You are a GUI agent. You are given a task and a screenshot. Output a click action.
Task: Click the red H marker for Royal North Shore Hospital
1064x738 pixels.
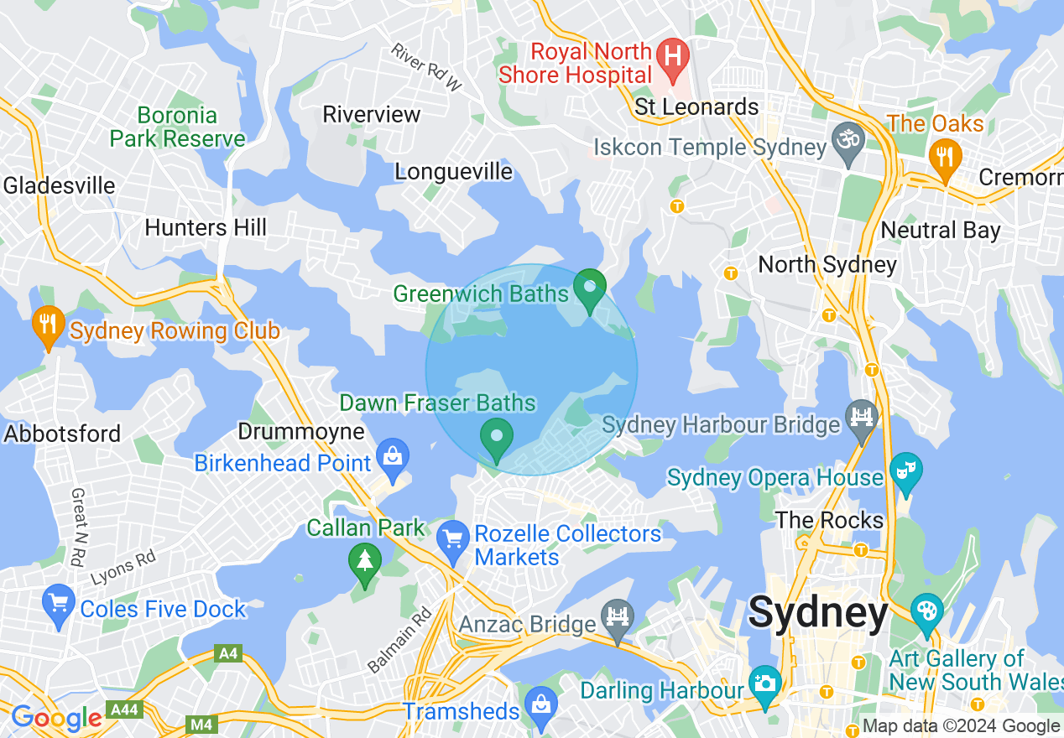[x=672, y=56]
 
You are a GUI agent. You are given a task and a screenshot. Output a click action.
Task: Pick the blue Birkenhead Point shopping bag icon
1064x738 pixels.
[x=392, y=456]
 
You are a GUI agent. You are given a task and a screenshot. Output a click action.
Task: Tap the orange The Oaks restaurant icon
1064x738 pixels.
[x=946, y=157]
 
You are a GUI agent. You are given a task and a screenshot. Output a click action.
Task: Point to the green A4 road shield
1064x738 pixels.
[x=227, y=652]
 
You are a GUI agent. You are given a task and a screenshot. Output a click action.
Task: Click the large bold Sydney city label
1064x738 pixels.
[x=817, y=612]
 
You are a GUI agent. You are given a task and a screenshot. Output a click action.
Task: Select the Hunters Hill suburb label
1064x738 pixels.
[x=206, y=227]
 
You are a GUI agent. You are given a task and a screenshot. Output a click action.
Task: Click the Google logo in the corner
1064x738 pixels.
[x=56, y=718]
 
